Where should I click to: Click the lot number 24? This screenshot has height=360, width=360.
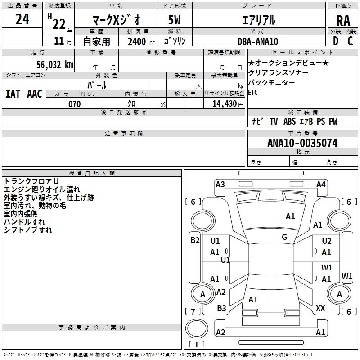[22, 19]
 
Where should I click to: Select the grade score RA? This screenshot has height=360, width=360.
[343, 21]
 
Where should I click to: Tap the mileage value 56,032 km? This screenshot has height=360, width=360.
[55, 64]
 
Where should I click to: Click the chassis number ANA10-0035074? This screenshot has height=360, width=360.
[302, 143]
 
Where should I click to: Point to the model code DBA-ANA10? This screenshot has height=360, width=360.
[258, 41]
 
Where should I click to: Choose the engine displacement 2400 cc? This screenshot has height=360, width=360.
[141, 41]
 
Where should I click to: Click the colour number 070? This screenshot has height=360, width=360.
[74, 104]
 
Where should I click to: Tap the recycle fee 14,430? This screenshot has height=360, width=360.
[225, 104]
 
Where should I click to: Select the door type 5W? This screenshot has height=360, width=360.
[174, 20]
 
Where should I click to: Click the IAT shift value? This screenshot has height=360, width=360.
[13, 94]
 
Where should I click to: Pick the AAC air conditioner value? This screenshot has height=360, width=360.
[35, 94]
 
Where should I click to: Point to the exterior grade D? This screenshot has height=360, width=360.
[336, 41]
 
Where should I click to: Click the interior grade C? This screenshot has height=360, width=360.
[350, 41]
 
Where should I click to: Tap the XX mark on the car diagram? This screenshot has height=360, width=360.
[320, 308]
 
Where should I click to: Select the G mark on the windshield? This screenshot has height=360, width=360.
[284, 237]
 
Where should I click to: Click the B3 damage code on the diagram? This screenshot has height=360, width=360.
[221, 308]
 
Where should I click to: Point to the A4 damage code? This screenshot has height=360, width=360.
[321, 184]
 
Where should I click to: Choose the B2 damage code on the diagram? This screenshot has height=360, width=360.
[195, 240]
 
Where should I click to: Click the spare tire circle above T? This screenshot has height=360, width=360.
[197, 328]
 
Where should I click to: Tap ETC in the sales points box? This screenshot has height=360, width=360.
[253, 93]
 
